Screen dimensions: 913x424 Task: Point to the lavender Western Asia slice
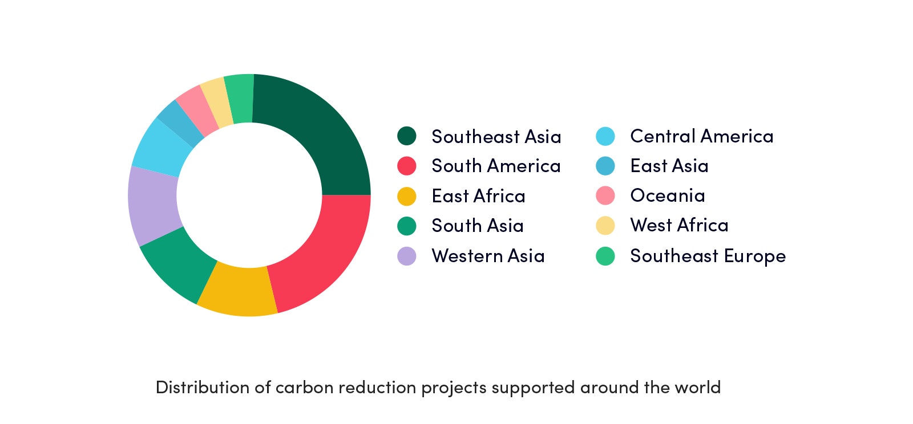(x=153, y=206)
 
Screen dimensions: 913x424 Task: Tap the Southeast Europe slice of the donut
(x=240, y=98)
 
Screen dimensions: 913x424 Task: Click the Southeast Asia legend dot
(x=407, y=136)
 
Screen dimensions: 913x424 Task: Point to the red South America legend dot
(x=407, y=166)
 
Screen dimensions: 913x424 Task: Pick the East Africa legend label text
(x=479, y=196)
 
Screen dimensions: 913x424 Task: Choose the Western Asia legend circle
(x=407, y=256)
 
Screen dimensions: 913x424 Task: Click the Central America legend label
(x=701, y=136)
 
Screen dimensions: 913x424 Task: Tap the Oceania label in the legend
(x=668, y=195)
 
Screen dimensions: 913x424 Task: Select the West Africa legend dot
(x=605, y=226)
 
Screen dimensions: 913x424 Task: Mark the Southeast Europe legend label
(x=708, y=256)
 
